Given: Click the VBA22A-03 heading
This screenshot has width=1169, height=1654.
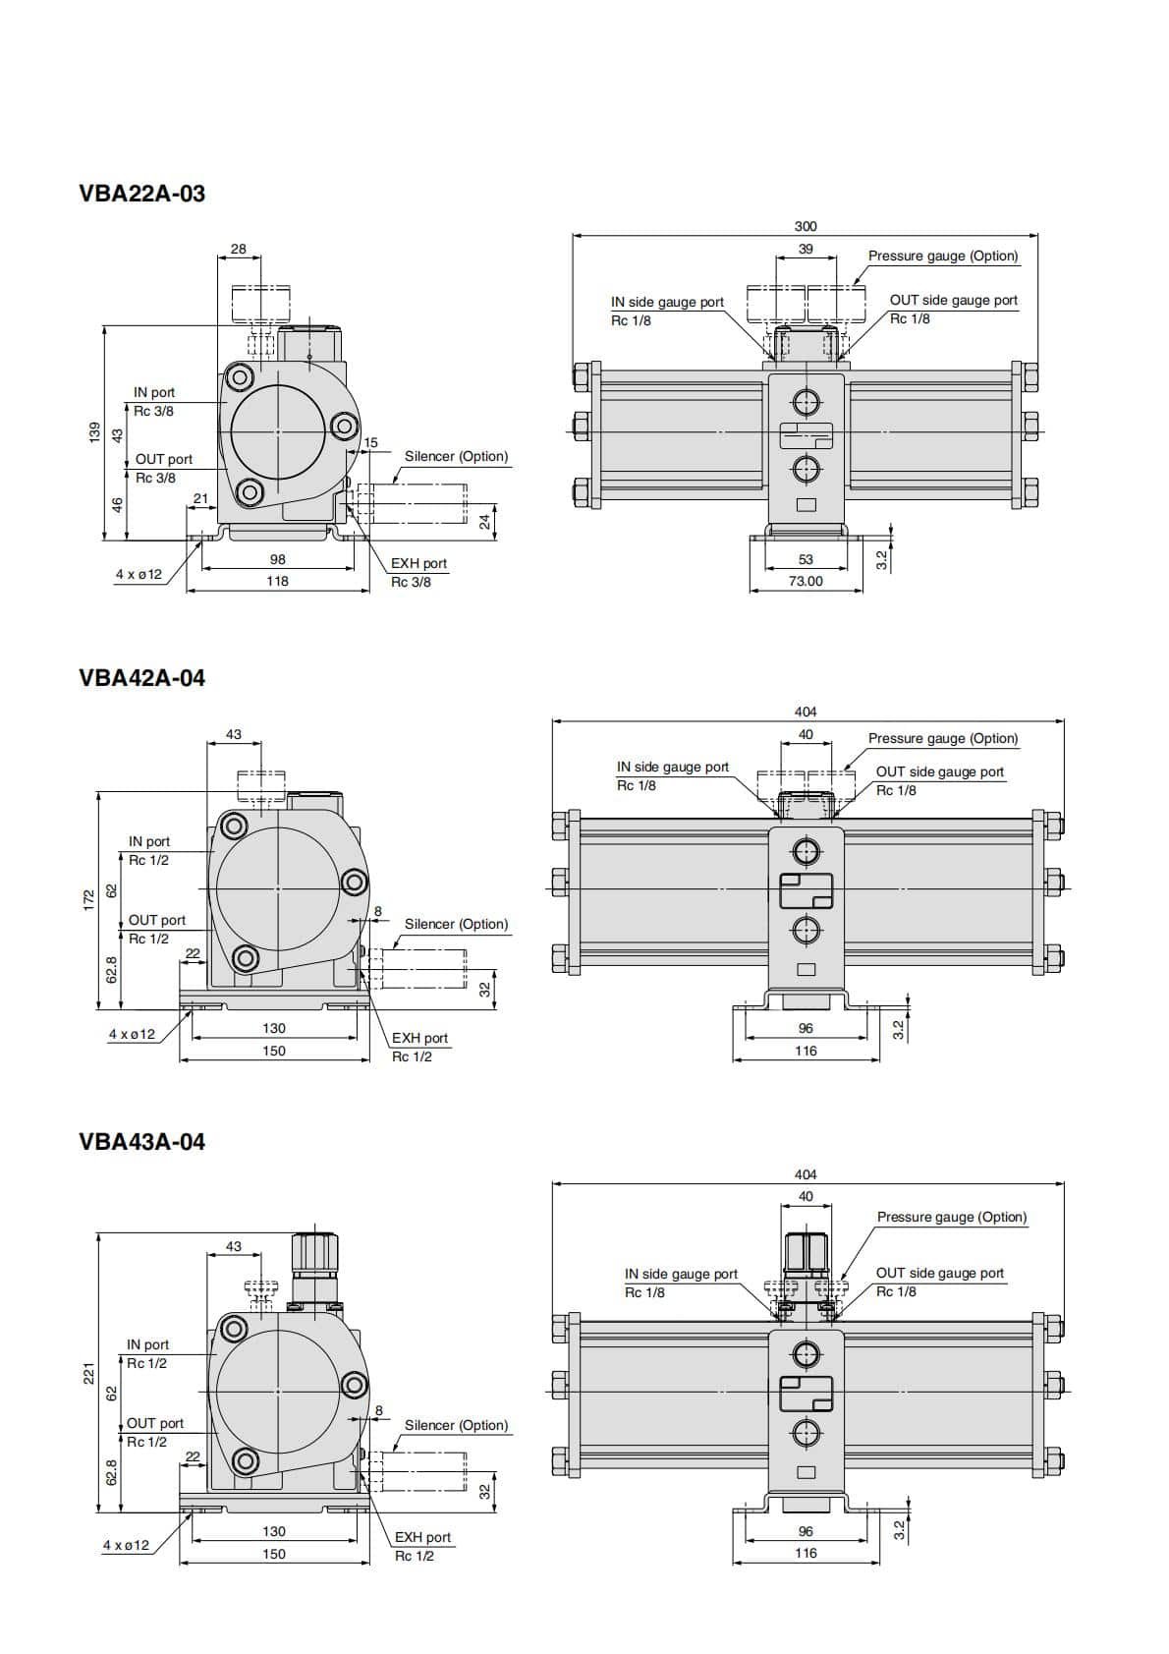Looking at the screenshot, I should coord(141,194).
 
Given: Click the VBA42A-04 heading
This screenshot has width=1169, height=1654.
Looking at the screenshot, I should coord(141,678).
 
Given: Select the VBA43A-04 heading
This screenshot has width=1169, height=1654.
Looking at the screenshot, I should coord(141,1142).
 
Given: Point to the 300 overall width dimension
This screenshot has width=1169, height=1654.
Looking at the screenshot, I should coord(805,226).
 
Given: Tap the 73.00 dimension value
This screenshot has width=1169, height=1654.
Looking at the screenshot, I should coord(806,581).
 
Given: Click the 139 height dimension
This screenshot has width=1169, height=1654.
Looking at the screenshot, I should coord(94,431).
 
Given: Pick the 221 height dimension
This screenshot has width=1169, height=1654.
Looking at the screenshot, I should coord(88,1372).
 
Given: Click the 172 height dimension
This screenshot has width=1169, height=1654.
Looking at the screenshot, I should coord(88,896).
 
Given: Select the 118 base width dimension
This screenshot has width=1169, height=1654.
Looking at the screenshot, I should coord(278,581).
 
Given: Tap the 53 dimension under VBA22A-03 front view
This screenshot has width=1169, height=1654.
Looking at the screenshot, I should coord(806,559).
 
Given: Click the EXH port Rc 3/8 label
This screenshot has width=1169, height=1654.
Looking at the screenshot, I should coord(417,572).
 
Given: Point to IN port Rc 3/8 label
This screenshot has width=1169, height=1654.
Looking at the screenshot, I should coord(153,401).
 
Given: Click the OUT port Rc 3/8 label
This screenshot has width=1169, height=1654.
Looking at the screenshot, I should coord(163,468).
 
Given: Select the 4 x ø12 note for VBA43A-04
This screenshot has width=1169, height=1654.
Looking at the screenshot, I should coord(127,1545).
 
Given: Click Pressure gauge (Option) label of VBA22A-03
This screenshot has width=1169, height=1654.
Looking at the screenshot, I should coord(942,256).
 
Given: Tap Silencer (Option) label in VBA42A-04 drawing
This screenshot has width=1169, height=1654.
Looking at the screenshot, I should coord(456,924).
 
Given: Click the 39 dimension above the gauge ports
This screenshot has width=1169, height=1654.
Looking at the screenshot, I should coord(806,249).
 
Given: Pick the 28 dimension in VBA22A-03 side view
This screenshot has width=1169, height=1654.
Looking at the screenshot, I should coord(239,249).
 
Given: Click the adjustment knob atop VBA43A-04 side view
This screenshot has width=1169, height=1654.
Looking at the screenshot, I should coord(314,1252).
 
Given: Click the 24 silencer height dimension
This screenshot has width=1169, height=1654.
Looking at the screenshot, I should coord(484,522).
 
